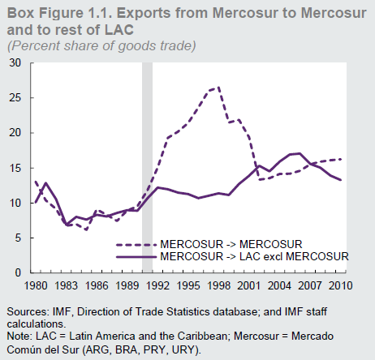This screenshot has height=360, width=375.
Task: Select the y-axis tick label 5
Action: [17, 238]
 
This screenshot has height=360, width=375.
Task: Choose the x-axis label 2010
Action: [342, 285]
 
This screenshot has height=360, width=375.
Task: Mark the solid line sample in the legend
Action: [136, 255]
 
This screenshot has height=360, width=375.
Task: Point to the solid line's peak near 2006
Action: [300, 153]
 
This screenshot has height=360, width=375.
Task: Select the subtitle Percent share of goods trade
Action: [101, 44]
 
